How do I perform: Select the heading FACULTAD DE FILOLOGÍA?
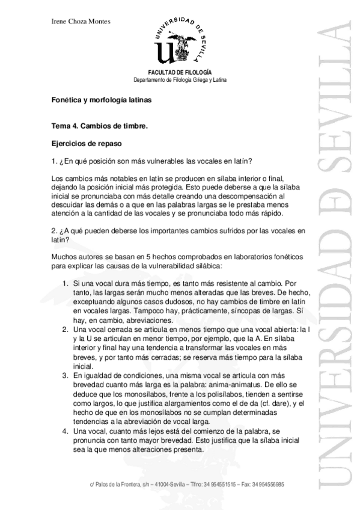pyautogui.click(x=180, y=73)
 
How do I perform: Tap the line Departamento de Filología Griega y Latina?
pyautogui.click(x=180, y=80)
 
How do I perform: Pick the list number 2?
pyautogui.click(x=66, y=329)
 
